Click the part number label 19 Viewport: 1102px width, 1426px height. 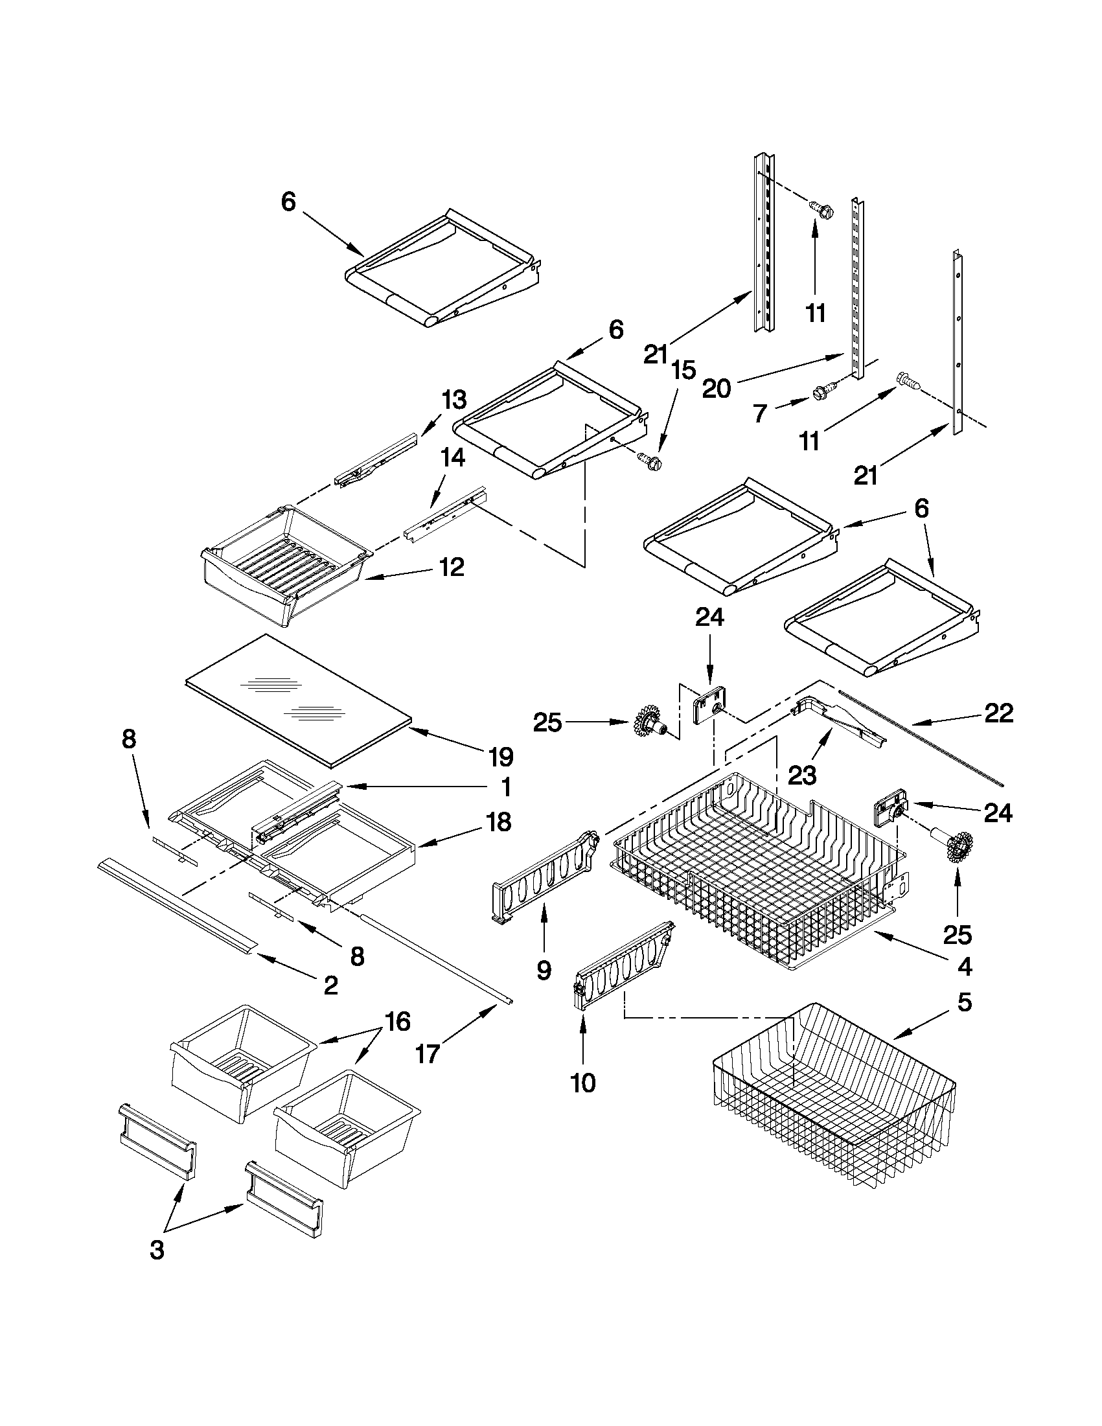(x=501, y=757)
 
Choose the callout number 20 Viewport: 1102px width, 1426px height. (x=716, y=389)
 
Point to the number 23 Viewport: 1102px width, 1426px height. (x=802, y=776)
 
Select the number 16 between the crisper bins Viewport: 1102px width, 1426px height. (x=398, y=1022)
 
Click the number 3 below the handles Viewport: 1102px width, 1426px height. (x=157, y=1250)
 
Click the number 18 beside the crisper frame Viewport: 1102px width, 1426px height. (x=498, y=822)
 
